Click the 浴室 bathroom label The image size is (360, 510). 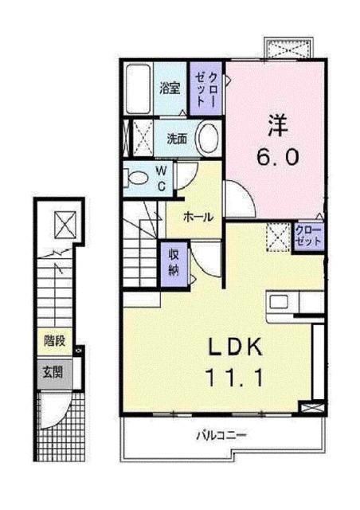[x=168, y=88]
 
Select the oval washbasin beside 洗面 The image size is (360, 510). [x=208, y=136]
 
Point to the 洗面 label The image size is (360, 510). [x=177, y=137]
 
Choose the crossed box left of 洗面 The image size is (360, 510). [x=141, y=135]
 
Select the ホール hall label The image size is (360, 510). [x=198, y=217]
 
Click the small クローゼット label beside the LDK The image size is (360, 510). [x=308, y=236]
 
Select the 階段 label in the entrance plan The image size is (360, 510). [x=54, y=342]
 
